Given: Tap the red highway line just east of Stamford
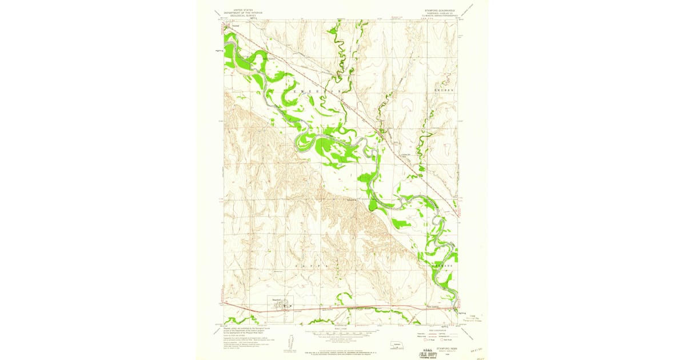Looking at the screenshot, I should [320, 308].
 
